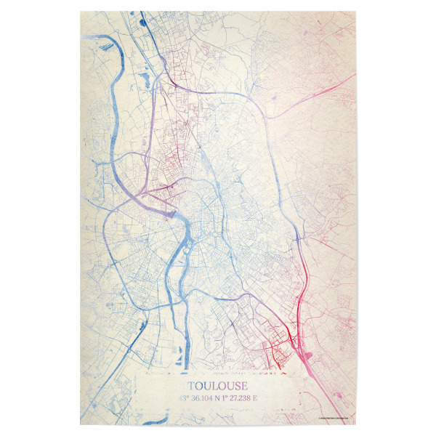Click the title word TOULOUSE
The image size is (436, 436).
click(217, 386)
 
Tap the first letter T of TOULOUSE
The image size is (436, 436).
click(191, 386)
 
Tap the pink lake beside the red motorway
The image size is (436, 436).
click(312, 355)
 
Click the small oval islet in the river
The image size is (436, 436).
click(181, 251)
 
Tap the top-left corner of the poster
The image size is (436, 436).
click(73, 12)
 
